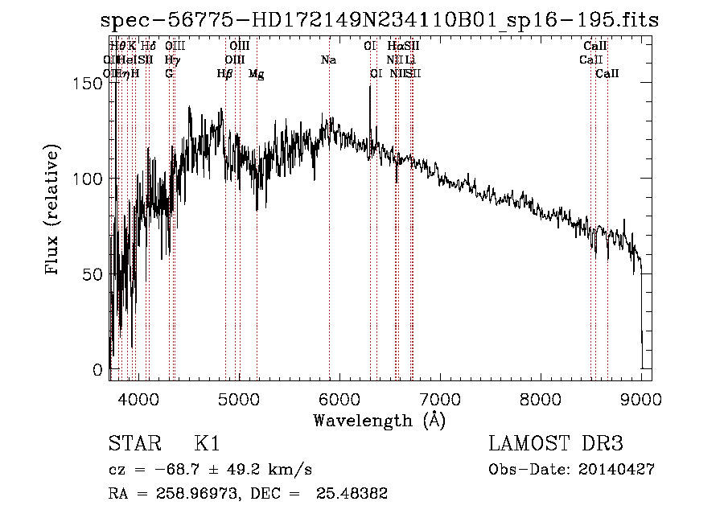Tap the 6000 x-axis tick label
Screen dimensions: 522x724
339,397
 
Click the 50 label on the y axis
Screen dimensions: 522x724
94,274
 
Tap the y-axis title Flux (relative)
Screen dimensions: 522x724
54,212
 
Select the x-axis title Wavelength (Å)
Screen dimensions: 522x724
379,420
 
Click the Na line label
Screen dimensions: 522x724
328,60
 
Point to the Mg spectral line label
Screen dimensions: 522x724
257,74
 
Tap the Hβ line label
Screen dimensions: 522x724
224,74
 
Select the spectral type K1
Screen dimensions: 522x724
207,444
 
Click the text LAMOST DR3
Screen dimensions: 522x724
554,444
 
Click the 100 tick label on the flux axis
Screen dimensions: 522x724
89,179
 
